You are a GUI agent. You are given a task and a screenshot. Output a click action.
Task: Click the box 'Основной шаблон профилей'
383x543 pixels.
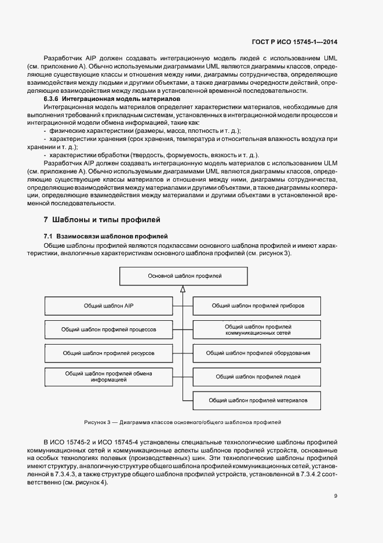pos(185,276)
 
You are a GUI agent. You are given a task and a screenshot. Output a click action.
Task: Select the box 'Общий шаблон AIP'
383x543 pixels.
pos(108,305)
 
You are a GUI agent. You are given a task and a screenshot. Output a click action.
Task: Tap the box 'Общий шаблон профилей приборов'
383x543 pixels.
pos(258,305)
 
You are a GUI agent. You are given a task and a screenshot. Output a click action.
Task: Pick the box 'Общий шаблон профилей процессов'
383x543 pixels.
pos(108,329)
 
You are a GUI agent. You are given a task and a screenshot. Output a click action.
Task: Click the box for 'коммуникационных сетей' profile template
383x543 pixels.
pos(258,330)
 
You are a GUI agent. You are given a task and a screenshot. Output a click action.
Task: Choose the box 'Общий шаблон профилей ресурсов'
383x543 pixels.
pos(108,353)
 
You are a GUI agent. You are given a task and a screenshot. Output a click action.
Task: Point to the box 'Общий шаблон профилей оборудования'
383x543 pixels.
pos(258,353)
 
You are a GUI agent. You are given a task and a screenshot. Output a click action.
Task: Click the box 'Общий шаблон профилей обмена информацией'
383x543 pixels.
pos(108,377)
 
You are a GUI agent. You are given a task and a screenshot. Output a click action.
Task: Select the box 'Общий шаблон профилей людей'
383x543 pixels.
pos(258,377)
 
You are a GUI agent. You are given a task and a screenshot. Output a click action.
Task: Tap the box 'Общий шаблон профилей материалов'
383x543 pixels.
pos(258,400)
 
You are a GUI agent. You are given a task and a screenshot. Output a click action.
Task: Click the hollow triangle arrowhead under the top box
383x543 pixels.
pos(183,289)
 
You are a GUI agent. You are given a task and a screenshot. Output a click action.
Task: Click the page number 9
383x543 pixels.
pos(336,496)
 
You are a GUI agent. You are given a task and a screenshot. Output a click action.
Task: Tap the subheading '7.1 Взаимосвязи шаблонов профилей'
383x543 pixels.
pos(105,236)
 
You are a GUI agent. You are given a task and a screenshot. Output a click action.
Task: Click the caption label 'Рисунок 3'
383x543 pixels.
pos(97,422)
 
